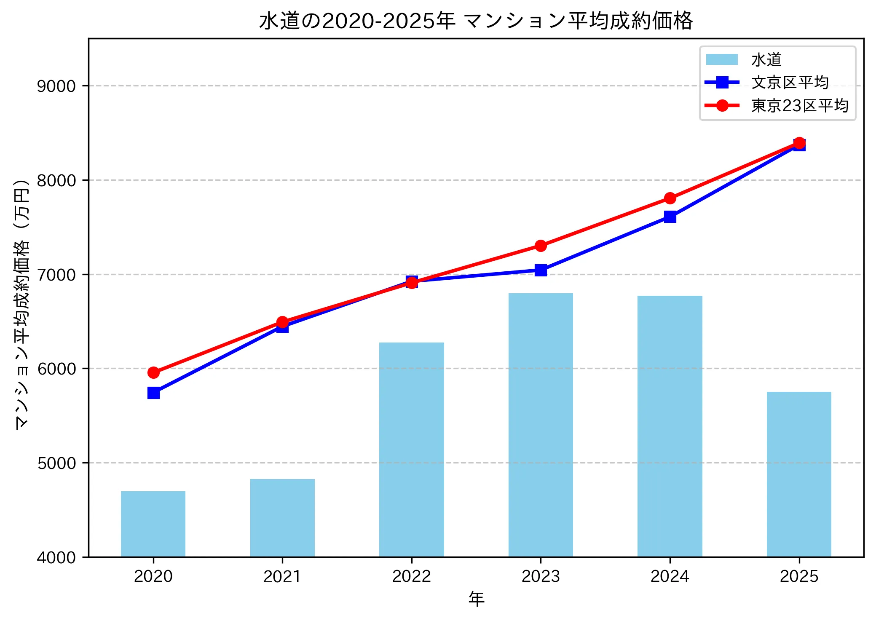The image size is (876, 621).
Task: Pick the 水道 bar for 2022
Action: click(412, 450)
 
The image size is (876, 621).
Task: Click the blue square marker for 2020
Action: click(153, 393)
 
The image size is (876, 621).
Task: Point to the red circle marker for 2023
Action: click(541, 246)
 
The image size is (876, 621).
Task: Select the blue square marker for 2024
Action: click(670, 217)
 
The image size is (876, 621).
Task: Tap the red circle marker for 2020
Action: click(153, 373)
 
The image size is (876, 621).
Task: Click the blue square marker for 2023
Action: click(541, 270)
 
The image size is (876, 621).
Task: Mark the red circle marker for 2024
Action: click(670, 198)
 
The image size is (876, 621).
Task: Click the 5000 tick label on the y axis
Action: click(56, 463)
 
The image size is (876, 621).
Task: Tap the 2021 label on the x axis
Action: click(282, 576)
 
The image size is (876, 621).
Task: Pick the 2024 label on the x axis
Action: click(670, 576)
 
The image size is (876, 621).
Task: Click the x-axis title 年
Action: click(476, 599)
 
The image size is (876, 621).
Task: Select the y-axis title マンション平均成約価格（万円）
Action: click(22, 303)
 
